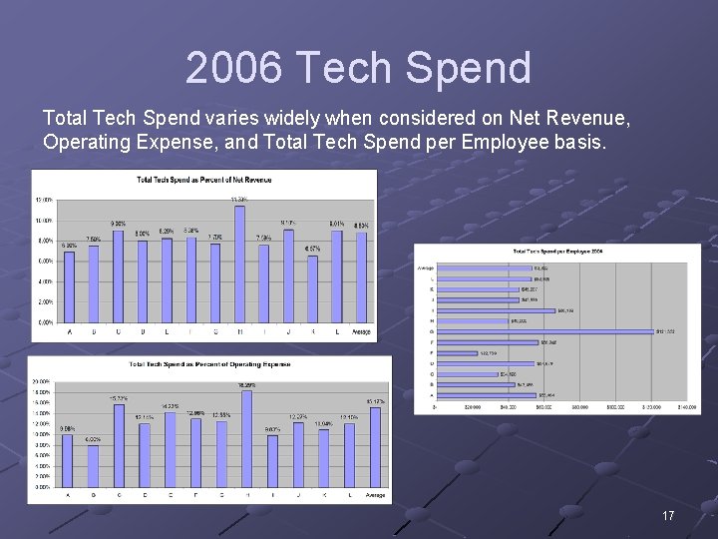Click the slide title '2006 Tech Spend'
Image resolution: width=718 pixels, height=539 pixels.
(x=358, y=68)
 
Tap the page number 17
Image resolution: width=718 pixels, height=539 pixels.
(x=668, y=516)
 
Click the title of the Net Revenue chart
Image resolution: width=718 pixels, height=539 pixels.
(x=203, y=180)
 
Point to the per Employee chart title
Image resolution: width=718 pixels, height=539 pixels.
(x=559, y=251)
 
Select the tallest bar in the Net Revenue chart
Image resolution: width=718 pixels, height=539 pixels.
(x=239, y=264)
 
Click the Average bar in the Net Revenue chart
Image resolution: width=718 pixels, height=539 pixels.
(x=361, y=278)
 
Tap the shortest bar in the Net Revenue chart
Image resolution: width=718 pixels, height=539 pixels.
(x=312, y=288)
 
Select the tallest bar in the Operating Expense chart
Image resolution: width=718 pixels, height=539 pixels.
(x=245, y=438)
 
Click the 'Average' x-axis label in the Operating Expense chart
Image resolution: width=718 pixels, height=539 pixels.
(x=375, y=495)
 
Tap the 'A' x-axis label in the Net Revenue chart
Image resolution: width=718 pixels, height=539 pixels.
(x=70, y=330)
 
